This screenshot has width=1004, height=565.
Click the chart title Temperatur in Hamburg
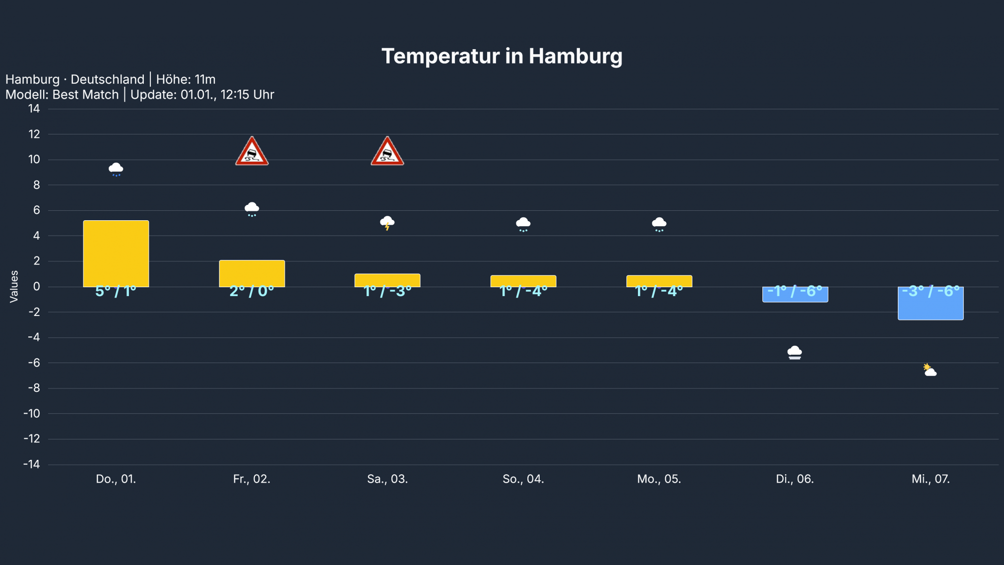click(x=502, y=56)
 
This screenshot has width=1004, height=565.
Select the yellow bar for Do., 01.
click(x=116, y=253)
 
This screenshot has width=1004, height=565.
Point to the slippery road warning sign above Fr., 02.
click(x=252, y=152)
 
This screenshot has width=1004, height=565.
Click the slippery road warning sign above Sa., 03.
click(x=387, y=152)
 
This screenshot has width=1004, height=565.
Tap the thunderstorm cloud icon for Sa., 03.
click(x=387, y=223)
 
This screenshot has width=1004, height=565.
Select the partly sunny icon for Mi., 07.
click(x=930, y=371)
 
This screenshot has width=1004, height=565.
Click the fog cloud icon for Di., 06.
click(x=795, y=353)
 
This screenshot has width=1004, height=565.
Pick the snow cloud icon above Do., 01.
click(x=116, y=169)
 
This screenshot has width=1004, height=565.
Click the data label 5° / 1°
click(x=116, y=291)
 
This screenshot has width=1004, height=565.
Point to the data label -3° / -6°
click(x=931, y=291)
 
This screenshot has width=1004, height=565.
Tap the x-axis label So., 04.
click(x=523, y=479)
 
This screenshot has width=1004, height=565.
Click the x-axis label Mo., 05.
click(x=659, y=479)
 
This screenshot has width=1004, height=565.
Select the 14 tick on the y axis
click(x=34, y=109)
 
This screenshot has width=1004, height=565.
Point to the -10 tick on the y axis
click(x=32, y=414)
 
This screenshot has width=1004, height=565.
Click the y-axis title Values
click(x=14, y=287)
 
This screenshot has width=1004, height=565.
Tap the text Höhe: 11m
click(x=186, y=79)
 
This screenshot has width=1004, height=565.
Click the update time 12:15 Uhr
click(x=247, y=95)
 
